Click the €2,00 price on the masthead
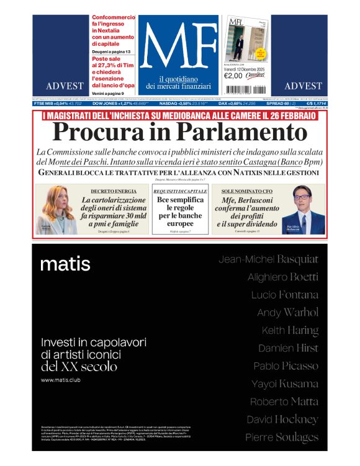[x=233, y=76]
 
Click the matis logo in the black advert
[x=65, y=264]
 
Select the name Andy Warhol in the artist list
[x=287, y=312]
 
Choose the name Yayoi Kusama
[x=284, y=383]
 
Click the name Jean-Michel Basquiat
[x=268, y=259]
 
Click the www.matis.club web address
[x=63, y=379]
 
